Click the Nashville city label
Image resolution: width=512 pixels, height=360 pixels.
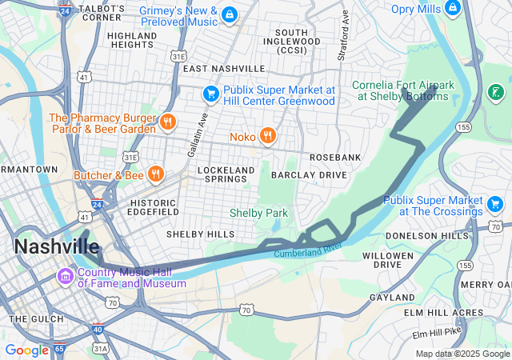click(56, 246)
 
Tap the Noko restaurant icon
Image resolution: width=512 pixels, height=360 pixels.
click(267, 137)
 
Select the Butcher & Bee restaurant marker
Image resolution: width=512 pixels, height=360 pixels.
click(155, 174)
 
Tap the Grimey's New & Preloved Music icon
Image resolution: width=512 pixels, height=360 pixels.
click(230, 15)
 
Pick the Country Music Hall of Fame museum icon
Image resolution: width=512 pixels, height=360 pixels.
click(64, 277)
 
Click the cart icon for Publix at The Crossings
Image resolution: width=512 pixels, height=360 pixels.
click(495, 206)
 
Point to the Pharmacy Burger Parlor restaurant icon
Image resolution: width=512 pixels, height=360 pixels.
click(167, 122)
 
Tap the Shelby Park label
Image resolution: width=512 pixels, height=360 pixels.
click(258, 213)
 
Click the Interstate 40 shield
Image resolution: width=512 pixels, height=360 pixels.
click(98, 329)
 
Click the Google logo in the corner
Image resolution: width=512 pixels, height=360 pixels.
click(26, 350)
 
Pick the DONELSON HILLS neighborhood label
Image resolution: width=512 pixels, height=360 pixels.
click(427, 236)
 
